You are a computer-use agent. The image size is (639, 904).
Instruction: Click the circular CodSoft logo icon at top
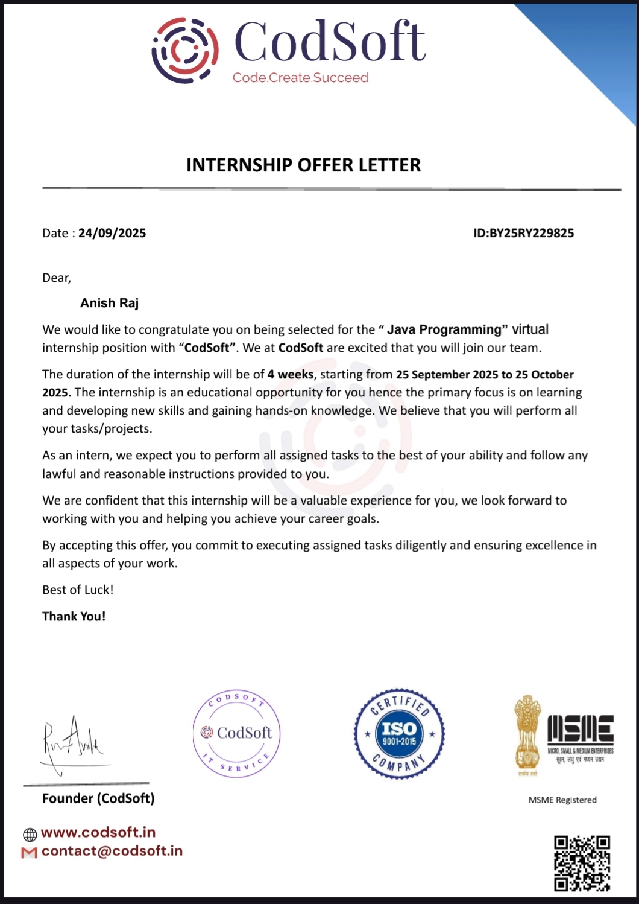(184, 50)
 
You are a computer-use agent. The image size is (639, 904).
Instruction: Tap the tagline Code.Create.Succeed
(300, 78)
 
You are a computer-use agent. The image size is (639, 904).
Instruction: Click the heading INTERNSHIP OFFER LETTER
(303, 165)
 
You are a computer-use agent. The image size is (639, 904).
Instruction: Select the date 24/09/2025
(112, 234)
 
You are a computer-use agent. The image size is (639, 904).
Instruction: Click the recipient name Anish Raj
(110, 303)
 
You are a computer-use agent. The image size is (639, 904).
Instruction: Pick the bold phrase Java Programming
(444, 329)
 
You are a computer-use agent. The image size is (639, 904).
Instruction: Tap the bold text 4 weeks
(291, 374)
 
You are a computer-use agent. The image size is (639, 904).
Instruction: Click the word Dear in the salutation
(56, 278)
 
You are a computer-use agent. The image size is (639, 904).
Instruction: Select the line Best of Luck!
(78, 590)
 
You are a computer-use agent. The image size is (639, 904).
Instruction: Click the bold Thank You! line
(74, 616)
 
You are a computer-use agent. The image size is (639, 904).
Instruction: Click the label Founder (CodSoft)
(98, 798)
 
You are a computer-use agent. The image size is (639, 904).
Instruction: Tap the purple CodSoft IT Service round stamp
(237, 733)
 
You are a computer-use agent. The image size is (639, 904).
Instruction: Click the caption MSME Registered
(562, 800)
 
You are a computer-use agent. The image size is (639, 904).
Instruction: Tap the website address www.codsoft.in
(98, 833)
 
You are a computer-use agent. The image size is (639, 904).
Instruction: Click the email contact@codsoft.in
(112, 851)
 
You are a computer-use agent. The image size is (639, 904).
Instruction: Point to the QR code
(582, 863)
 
